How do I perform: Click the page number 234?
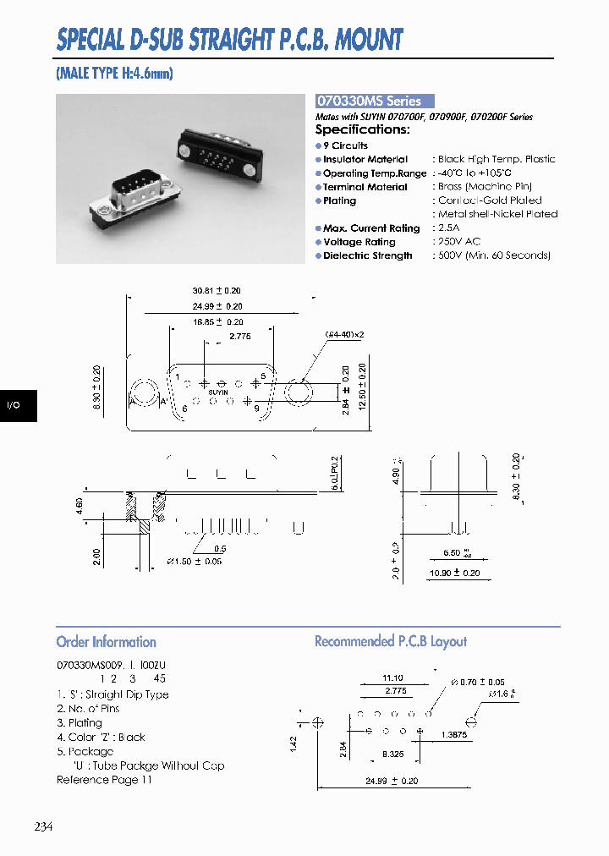click(x=44, y=826)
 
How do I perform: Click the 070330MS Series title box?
click(x=374, y=101)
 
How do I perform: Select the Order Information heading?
click(x=106, y=642)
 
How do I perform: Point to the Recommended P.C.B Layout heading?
click(x=390, y=642)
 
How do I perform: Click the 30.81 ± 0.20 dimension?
click(x=217, y=291)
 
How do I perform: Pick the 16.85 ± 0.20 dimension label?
click(x=218, y=322)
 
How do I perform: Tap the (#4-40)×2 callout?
click(x=344, y=335)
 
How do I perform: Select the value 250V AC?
click(x=459, y=242)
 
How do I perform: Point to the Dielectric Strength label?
click(x=368, y=255)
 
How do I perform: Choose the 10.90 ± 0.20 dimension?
click(x=455, y=573)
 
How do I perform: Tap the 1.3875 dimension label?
click(x=454, y=736)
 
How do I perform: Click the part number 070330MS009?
click(x=90, y=667)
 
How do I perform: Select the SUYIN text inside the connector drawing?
click(x=217, y=392)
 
